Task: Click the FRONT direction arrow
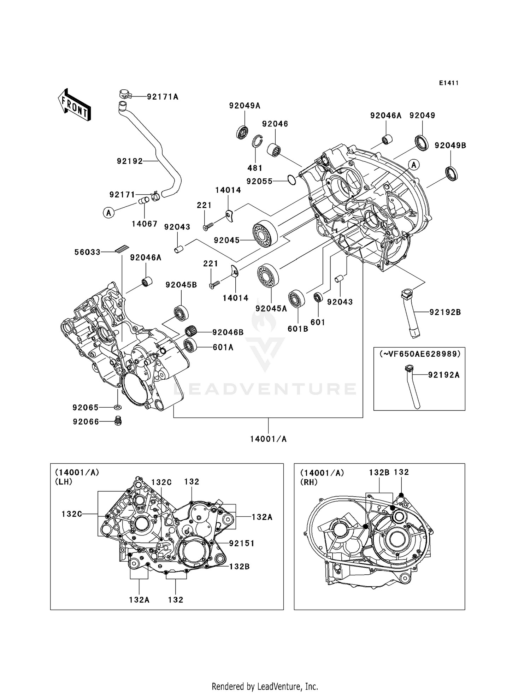point(75,105)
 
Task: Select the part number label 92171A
point(163,97)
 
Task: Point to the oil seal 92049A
point(242,132)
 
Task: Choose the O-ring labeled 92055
point(291,180)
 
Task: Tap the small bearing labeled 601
point(318,297)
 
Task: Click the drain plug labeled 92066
point(118,421)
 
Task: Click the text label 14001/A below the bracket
point(268,439)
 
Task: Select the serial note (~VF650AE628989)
point(420,354)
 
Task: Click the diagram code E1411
point(449,83)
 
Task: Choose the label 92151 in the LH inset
point(242,543)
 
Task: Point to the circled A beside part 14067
point(109,213)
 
